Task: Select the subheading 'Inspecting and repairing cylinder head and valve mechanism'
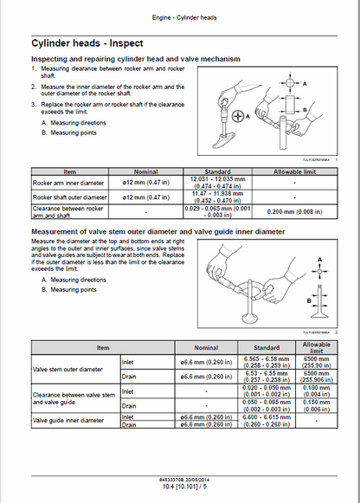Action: click(135, 58)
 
